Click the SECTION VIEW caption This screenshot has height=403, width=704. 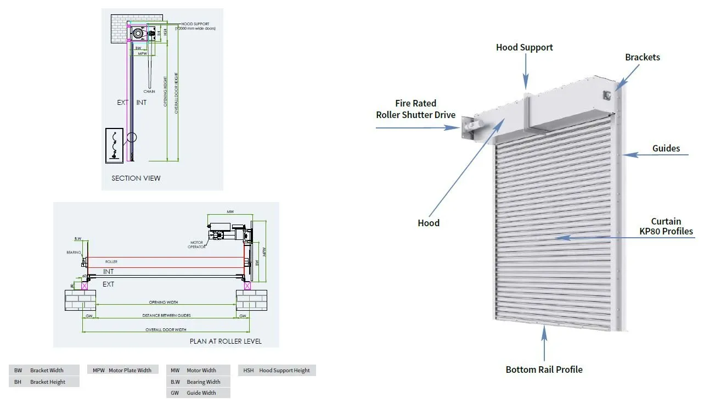pyautogui.click(x=136, y=178)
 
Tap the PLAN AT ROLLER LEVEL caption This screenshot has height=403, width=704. pyautogui.click(x=226, y=341)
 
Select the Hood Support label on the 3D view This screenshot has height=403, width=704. pyautogui.click(x=524, y=47)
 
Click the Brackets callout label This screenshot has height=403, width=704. pyautogui.click(x=642, y=57)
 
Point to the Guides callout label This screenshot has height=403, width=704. pyautogui.click(x=666, y=148)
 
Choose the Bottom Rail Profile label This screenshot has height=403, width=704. pyautogui.click(x=544, y=370)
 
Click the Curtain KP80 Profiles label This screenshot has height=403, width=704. pyautogui.click(x=666, y=226)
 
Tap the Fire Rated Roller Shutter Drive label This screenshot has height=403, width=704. pyautogui.click(x=415, y=109)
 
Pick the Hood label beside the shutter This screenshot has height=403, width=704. pyautogui.click(x=429, y=223)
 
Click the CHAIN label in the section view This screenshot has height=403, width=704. pyautogui.click(x=149, y=91)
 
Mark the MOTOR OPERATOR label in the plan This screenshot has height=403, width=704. pyautogui.click(x=197, y=244)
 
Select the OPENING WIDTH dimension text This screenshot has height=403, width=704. pyautogui.click(x=164, y=302)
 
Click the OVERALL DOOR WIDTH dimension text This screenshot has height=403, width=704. pyautogui.click(x=166, y=330)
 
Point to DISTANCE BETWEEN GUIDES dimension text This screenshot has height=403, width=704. pyautogui.click(x=166, y=316)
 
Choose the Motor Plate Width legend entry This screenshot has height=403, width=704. pyautogui.click(x=122, y=370)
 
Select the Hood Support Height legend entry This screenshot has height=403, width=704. pyautogui.click(x=277, y=370)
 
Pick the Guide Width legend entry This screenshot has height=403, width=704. pyautogui.click(x=198, y=393)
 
